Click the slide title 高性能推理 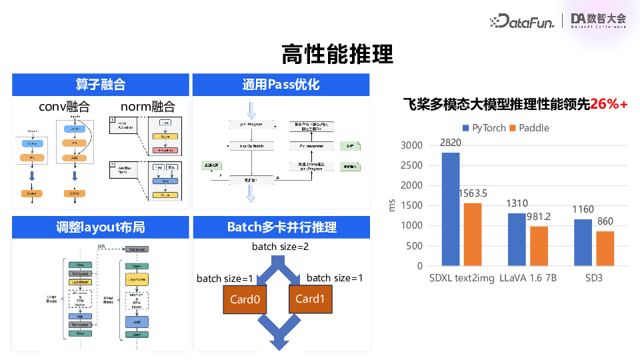click(337, 53)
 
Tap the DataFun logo click(522, 21)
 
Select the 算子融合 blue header click(100, 85)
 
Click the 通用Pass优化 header click(281, 85)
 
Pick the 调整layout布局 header click(100, 227)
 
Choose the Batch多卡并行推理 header click(281, 227)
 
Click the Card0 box click(245, 299)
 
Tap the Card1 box click(309, 299)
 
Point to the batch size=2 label click(281, 247)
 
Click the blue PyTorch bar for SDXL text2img click(450, 209)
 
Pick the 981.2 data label click(539, 217)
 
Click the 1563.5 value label click(473, 193)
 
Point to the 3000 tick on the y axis click(411, 145)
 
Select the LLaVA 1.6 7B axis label click(527, 279)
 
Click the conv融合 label click(64, 107)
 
